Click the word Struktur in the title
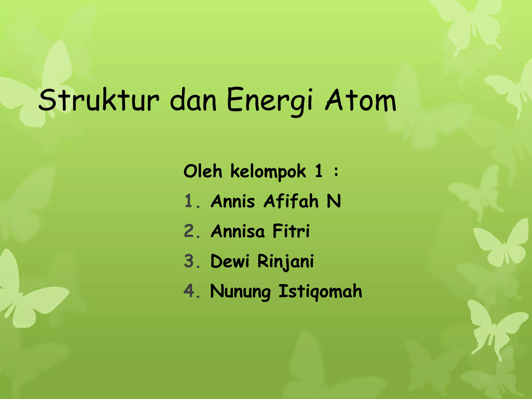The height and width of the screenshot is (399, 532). pos(99,100)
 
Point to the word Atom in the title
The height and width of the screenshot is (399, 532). pos(361,100)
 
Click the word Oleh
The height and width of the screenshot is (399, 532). pos(203,171)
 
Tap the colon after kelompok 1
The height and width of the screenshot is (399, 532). pos(336,172)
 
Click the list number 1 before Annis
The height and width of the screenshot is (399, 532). pos(189,201)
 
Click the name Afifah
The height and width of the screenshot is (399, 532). pos(291,201)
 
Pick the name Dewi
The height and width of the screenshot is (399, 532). pos(230,261)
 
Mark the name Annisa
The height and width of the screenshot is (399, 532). pos(238,231)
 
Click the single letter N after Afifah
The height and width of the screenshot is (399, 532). pos(334,201)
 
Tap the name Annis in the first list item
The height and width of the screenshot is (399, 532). pos(233,201)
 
